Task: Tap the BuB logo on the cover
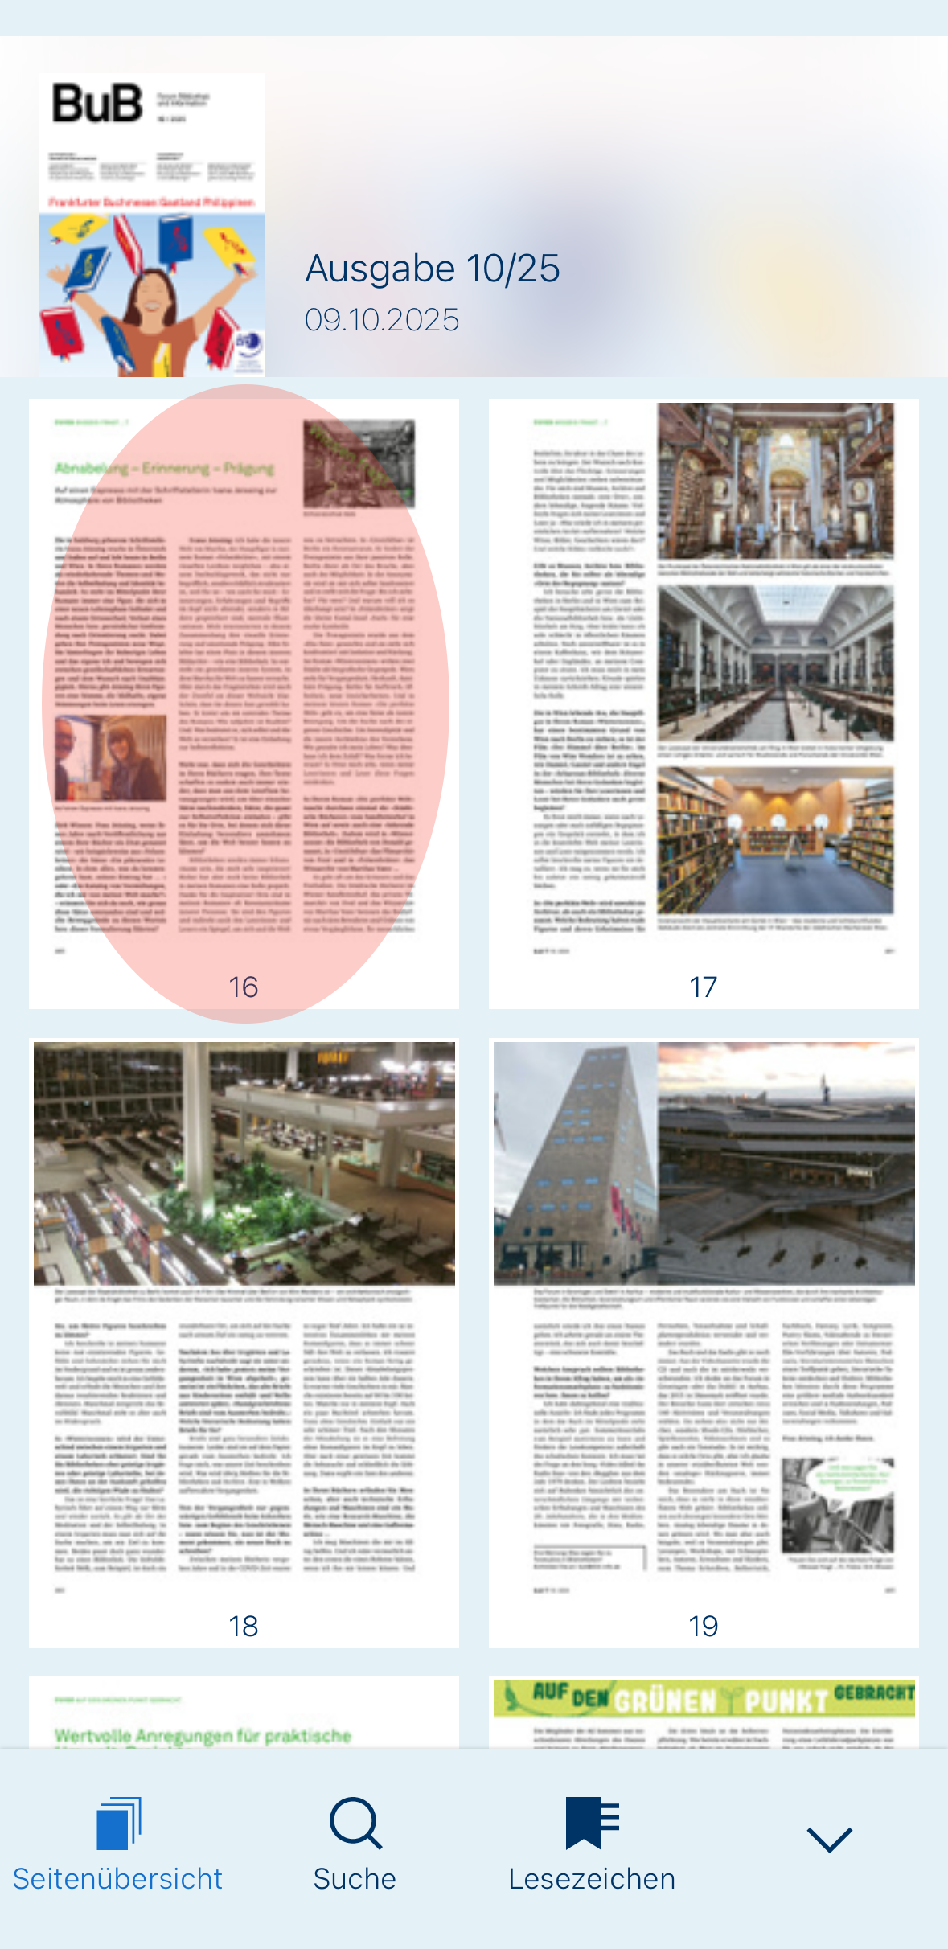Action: pos(97,104)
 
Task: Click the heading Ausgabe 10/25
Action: pos(432,269)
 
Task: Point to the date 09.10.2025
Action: pos(381,320)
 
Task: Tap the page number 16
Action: pos(243,987)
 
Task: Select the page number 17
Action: pos(703,987)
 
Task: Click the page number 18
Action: pos(243,1626)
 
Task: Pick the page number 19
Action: pos(703,1626)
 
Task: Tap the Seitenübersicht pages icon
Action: pos(118,1823)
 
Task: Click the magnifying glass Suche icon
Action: pos(355,1823)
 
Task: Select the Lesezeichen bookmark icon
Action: pos(592,1823)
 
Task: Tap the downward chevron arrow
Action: pos(829,1839)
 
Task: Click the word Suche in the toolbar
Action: pos(355,1879)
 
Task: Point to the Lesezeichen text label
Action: pos(592,1879)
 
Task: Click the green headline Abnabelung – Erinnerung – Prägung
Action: pos(165,468)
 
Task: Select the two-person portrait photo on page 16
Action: pos(110,758)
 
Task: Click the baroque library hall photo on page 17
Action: pos(775,480)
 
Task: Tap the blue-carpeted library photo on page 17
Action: pos(775,840)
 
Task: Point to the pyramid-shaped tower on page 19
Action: pos(572,1166)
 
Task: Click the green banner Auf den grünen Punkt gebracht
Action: pos(704,1697)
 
